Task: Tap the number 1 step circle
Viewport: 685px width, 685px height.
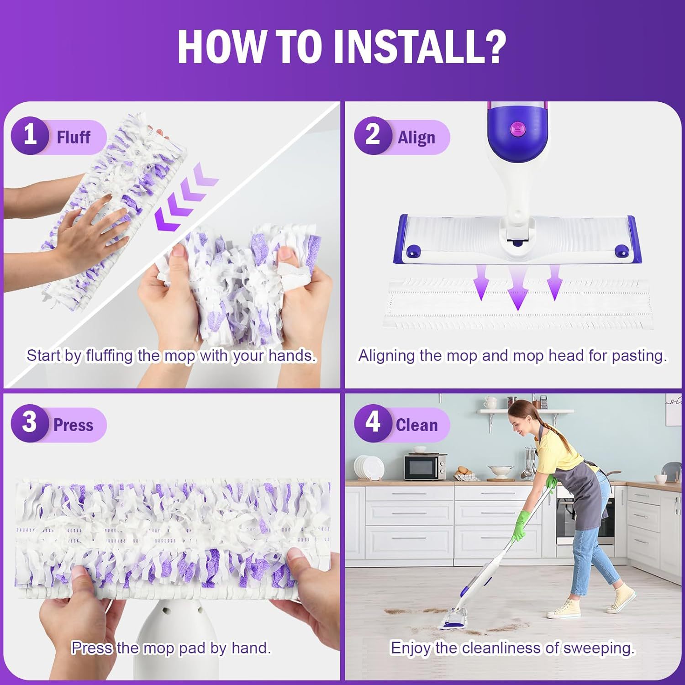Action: click(x=30, y=136)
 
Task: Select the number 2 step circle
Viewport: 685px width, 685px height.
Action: click(x=373, y=136)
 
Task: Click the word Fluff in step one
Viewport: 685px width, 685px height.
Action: click(x=74, y=137)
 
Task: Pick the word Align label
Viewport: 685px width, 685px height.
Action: click(x=416, y=137)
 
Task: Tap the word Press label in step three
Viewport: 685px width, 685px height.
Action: click(x=74, y=425)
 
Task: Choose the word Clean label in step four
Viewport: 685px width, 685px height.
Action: click(x=416, y=425)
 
